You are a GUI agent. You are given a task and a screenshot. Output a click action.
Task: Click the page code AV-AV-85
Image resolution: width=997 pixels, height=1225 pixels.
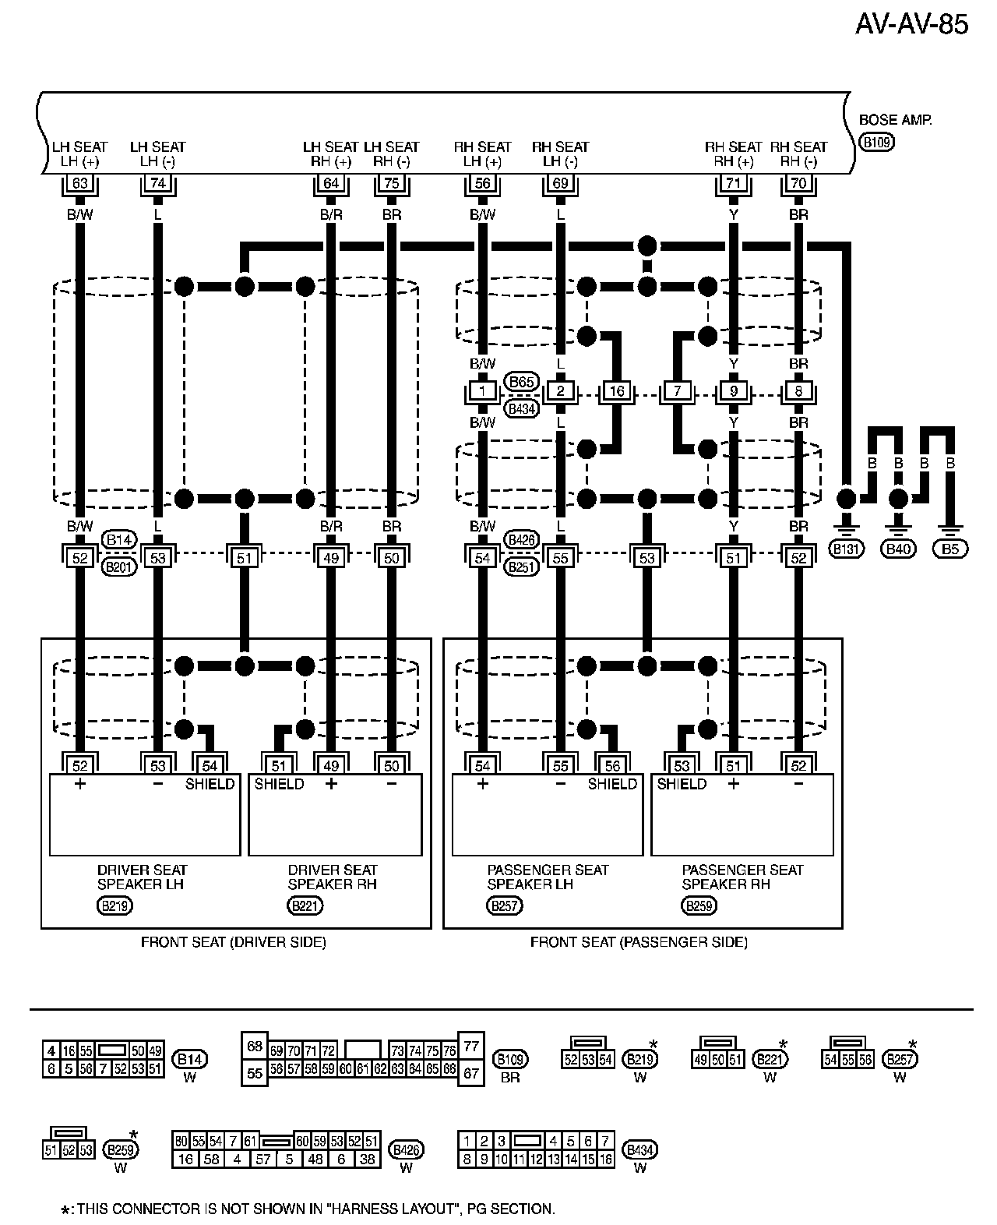point(911,25)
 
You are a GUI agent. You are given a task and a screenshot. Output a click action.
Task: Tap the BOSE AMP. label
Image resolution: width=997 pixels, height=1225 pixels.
point(895,120)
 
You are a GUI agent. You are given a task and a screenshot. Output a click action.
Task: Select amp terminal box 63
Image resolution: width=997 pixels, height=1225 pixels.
point(80,183)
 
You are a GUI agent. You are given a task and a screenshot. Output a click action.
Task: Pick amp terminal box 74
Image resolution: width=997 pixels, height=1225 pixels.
point(158,183)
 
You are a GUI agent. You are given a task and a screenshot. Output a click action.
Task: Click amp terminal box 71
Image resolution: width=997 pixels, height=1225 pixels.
point(733,183)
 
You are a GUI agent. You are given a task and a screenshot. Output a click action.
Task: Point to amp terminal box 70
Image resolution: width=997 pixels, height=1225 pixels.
point(798,183)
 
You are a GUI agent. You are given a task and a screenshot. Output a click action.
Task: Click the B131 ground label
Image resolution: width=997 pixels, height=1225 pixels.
point(846,549)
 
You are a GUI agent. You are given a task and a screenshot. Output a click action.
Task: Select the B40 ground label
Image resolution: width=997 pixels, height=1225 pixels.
point(898,549)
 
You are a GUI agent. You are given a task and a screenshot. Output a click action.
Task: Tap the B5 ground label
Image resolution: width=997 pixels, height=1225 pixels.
point(950,549)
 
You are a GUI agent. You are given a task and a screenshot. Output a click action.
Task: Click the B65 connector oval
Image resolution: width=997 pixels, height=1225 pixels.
point(521,381)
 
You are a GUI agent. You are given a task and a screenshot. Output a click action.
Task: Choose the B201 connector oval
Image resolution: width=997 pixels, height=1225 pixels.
point(119,567)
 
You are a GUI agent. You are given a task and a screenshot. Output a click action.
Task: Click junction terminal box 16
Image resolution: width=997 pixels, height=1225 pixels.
point(617,391)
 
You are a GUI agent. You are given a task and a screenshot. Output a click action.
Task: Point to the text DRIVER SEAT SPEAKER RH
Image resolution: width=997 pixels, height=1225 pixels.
point(332,877)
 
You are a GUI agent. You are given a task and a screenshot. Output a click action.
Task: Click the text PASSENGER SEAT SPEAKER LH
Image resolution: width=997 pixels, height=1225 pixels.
point(548,877)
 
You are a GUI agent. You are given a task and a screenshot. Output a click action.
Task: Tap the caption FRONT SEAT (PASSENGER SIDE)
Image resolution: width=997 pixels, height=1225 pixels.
point(639,942)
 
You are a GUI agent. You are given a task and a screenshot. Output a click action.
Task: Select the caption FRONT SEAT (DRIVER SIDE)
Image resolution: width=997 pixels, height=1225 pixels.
point(234,942)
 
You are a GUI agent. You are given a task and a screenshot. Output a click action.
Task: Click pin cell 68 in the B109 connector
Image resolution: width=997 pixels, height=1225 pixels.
point(255,1046)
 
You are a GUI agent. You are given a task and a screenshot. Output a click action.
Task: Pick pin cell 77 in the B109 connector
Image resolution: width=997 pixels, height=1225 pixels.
point(471,1046)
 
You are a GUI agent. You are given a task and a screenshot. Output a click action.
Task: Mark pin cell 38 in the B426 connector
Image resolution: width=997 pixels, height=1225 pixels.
point(367,1159)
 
